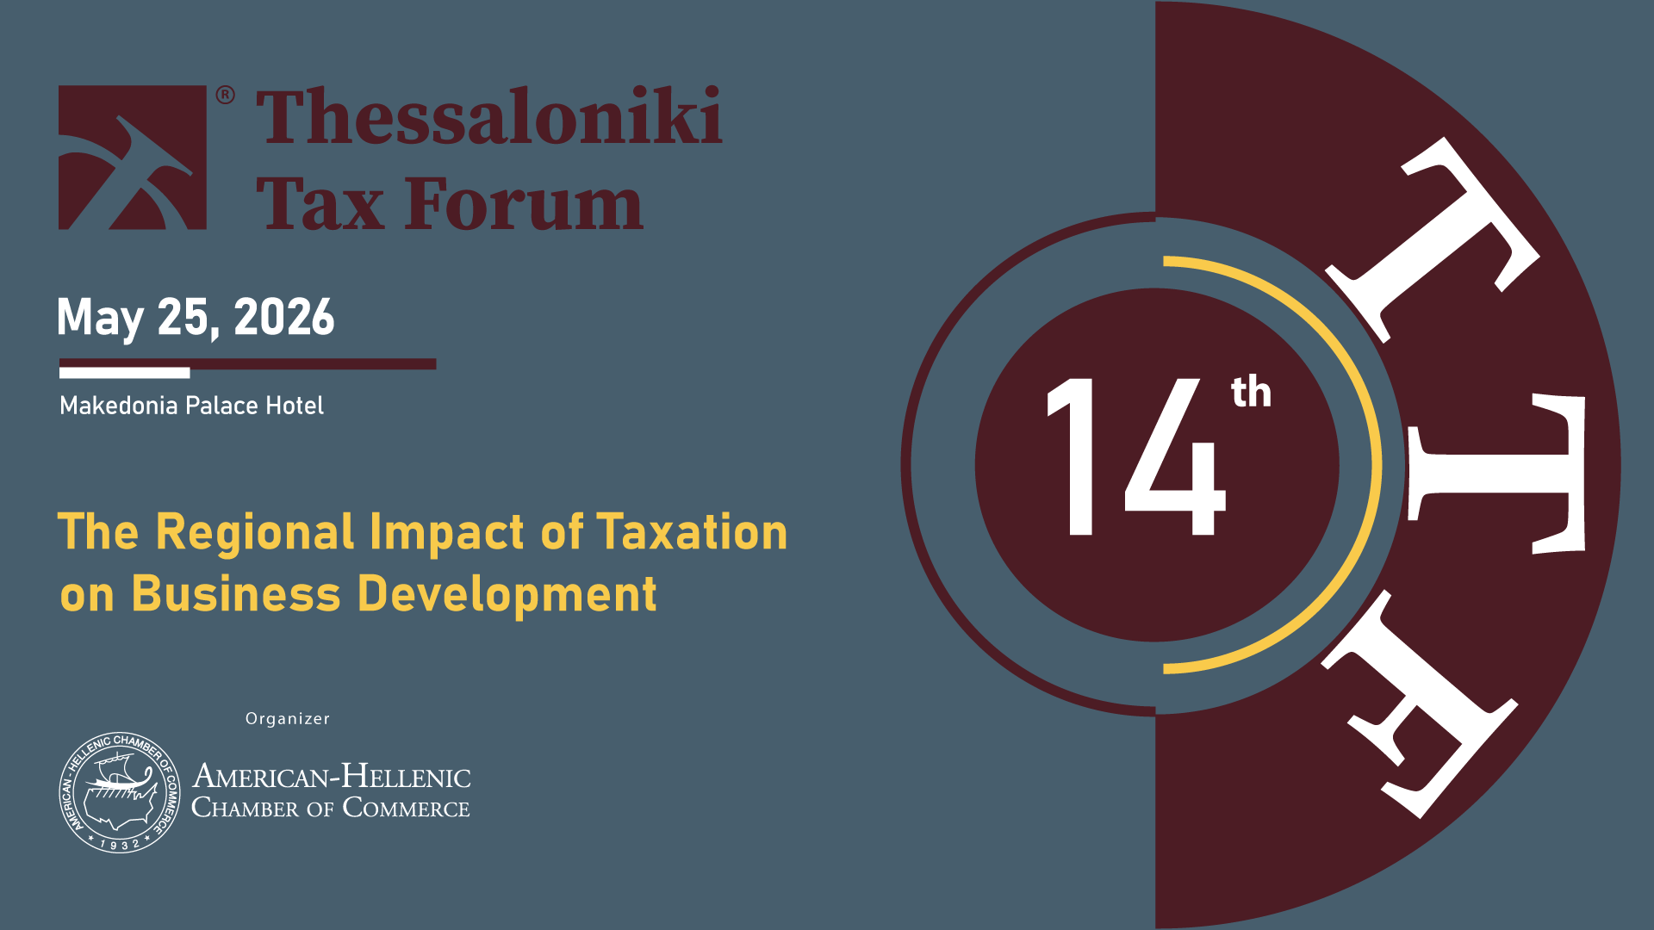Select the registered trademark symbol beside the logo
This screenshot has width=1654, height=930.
pos(225,95)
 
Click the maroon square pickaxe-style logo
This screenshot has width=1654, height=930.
pos(132,158)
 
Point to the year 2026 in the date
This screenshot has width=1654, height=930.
pos(283,317)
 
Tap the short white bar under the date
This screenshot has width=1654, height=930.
pos(124,373)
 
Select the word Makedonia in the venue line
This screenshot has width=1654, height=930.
pos(119,406)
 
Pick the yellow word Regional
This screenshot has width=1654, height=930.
pos(255,533)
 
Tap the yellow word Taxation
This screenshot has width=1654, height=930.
pos(692,531)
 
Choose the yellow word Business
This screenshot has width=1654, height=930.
pos(236,594)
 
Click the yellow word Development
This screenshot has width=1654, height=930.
pos(507,596)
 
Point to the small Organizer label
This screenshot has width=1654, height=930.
pos(288,719)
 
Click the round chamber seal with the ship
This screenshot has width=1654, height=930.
pos(120,792)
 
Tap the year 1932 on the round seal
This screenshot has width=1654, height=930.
pos(120,845)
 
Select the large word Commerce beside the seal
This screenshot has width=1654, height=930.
pos(407,808)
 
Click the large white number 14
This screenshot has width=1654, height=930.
pos(1135,456)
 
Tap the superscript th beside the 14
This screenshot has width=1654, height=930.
pos(1251,392)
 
